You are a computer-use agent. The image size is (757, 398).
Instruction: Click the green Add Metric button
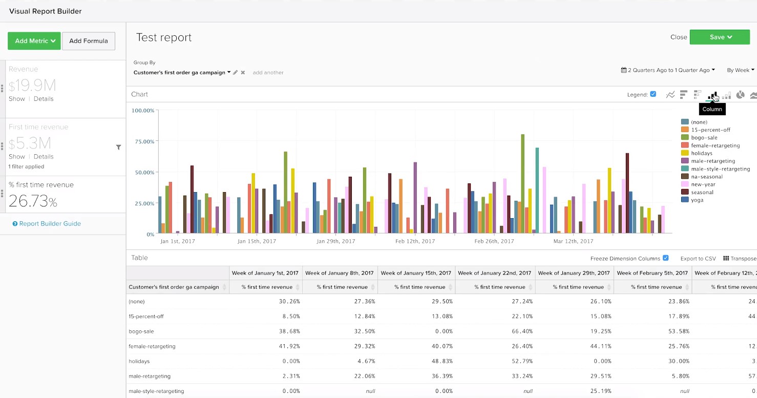pos(34,41)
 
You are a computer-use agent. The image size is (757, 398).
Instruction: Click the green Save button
pos(719,37)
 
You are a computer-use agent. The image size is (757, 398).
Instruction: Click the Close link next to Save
pos(678,37)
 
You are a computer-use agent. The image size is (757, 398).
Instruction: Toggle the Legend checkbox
pos(653,94)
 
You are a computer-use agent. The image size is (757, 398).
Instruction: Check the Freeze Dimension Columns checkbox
pos(665,258)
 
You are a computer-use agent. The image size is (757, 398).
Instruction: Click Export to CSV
pos(698,259)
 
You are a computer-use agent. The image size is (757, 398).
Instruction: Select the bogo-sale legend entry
pos(704,138)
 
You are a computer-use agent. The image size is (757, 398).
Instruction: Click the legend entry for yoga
pos(697,200)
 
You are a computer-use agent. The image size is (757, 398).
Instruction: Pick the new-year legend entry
pos(703,184)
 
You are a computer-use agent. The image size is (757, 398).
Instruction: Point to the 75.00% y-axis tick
pos(143,141)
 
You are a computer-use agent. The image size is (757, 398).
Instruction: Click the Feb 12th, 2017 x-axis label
pos(415,241)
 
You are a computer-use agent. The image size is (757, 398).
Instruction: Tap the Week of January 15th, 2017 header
pos(415,273)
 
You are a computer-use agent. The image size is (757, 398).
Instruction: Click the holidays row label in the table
pos(139,361)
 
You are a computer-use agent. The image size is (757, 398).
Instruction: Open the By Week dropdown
pos(740,70)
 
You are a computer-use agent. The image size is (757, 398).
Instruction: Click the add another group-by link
pos(268,73)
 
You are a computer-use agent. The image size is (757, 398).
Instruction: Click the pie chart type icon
pos(740,95)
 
